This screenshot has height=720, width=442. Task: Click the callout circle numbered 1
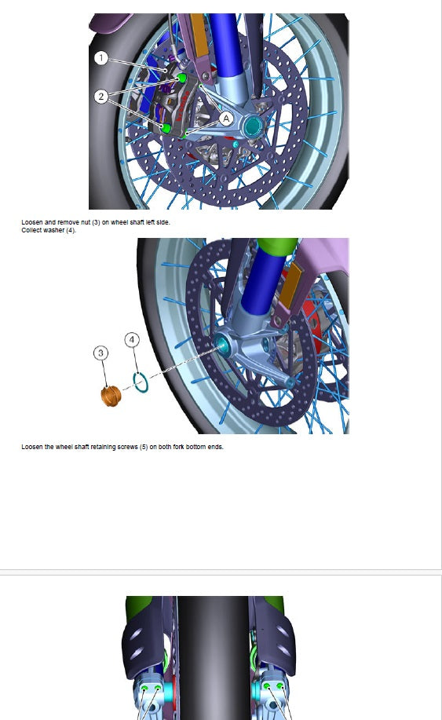pos(101,58)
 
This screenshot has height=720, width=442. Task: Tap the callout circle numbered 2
pos(101,97)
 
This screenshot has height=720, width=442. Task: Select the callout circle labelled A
pos(226,119)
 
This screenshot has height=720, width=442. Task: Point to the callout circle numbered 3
pos(101,353)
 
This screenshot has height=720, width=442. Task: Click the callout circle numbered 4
pos(132,340)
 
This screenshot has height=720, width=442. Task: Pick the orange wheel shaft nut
pos(111,396)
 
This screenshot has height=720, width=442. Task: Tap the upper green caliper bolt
pos(182,78)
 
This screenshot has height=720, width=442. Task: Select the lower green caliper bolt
pos(166,129)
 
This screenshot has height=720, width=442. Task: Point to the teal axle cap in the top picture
pos(252,126)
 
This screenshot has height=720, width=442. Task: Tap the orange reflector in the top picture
pos(199,35)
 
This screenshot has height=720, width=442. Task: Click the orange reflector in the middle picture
pos(290,285)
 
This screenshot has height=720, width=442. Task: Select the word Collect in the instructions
pos(31,230)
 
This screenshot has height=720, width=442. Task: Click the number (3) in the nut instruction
pos(95,222)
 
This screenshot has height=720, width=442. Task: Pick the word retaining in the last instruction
pos(104,447)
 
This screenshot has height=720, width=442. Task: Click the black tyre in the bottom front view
pos(213,657)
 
